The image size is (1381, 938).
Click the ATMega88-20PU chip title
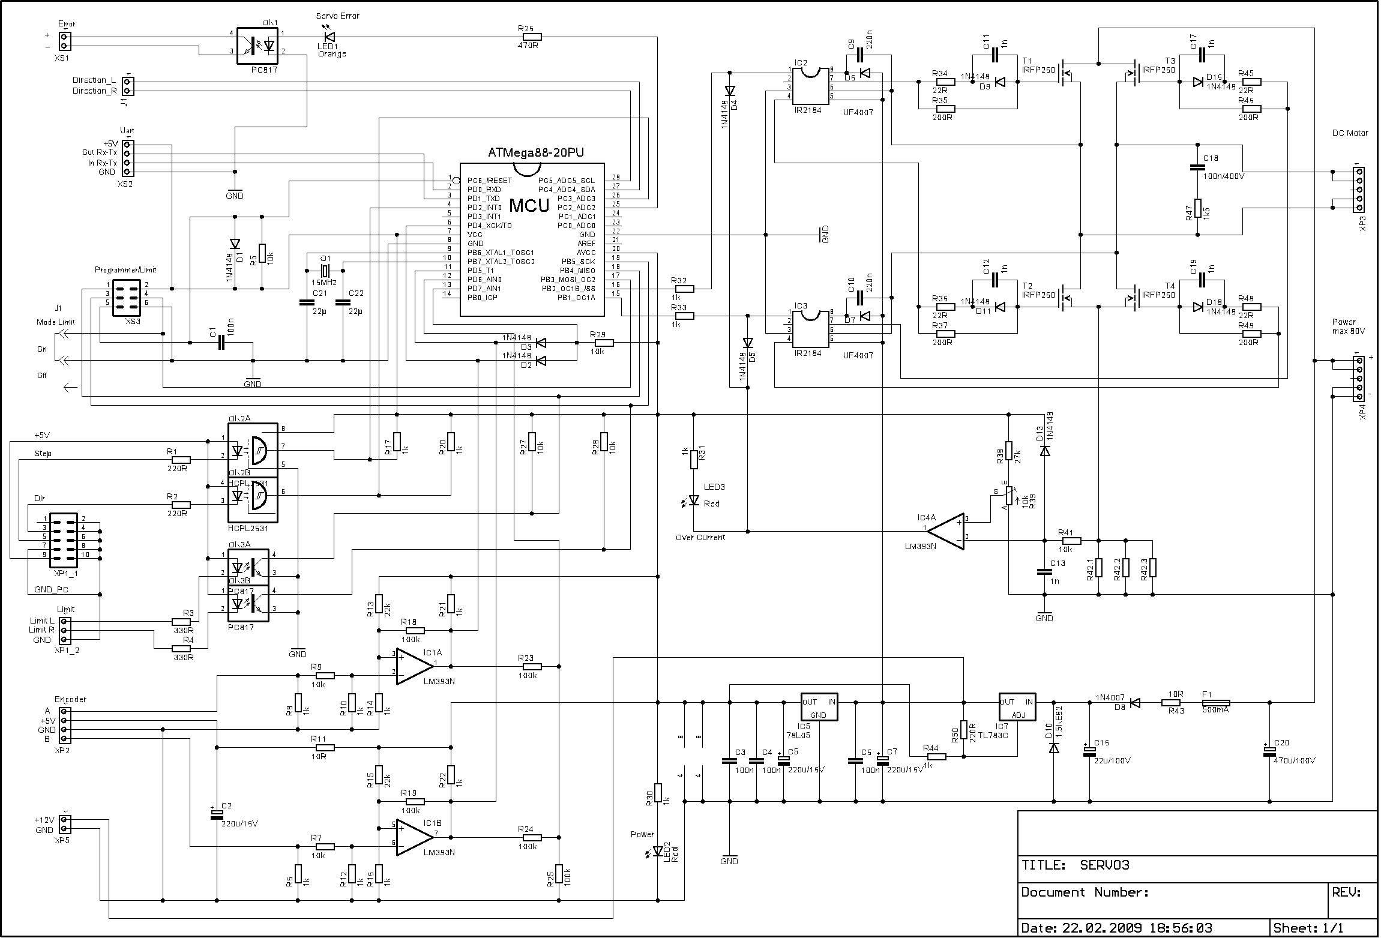(535, 153)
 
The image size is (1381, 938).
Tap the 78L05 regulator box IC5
(819, 706)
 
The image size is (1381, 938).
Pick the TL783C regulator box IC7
(1017, 706)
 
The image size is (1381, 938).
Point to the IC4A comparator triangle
(946, 531)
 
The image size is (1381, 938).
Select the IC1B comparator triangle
(414, 837)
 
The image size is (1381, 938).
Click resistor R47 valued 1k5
(1198, 208)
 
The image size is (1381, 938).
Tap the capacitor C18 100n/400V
(1198, 167)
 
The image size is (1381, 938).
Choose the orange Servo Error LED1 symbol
(329, 37)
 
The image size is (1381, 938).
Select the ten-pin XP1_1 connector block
(62, 540)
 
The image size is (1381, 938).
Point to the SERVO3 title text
(1104, 865)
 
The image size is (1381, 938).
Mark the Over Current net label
(700, 537)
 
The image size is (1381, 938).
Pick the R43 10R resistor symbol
(1172, 703)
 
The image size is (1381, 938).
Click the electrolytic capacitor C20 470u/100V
(1269, 752)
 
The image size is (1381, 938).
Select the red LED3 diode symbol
(694, 500)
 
